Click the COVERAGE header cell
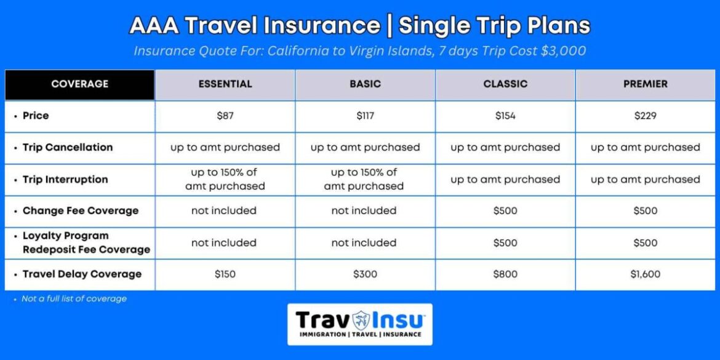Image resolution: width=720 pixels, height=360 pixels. (79, 84)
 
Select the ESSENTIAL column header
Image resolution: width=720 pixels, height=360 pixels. (225, 84)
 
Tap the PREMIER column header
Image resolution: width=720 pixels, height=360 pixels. (645, 84)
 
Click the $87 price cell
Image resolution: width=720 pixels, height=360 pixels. (225, 116)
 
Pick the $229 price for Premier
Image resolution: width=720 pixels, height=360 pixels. (645, 116)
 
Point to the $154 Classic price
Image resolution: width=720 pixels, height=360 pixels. (505, 116)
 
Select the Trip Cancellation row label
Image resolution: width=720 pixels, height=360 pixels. (68, 148)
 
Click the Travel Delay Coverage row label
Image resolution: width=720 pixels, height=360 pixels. (82, 274)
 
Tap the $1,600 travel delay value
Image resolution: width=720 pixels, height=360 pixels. (645, 274)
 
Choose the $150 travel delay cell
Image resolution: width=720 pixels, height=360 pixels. (225, 274)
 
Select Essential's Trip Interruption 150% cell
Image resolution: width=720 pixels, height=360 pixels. (225, 179)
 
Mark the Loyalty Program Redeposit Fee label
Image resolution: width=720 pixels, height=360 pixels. (86, 242)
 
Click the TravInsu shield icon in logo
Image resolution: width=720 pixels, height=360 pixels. (361, 321)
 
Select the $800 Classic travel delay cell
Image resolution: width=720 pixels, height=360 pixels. (505, 274)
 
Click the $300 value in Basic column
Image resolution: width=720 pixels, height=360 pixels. (365, 274)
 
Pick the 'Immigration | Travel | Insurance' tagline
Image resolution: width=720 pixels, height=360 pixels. (360, 334)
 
